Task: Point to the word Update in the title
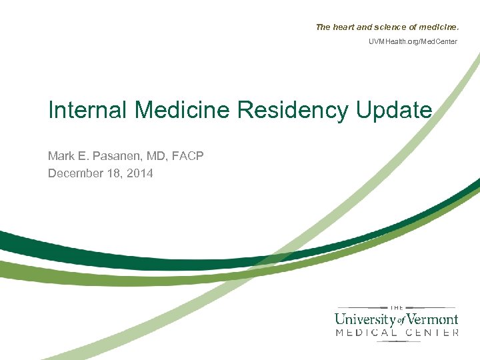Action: [x=394, y=111]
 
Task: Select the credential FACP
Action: [x=187, y=156]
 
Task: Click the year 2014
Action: [x=140, y=173]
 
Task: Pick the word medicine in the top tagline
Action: [x=439, y=27]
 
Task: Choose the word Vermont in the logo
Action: [x=432, y=318]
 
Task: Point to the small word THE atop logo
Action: [x=396, y=307]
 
